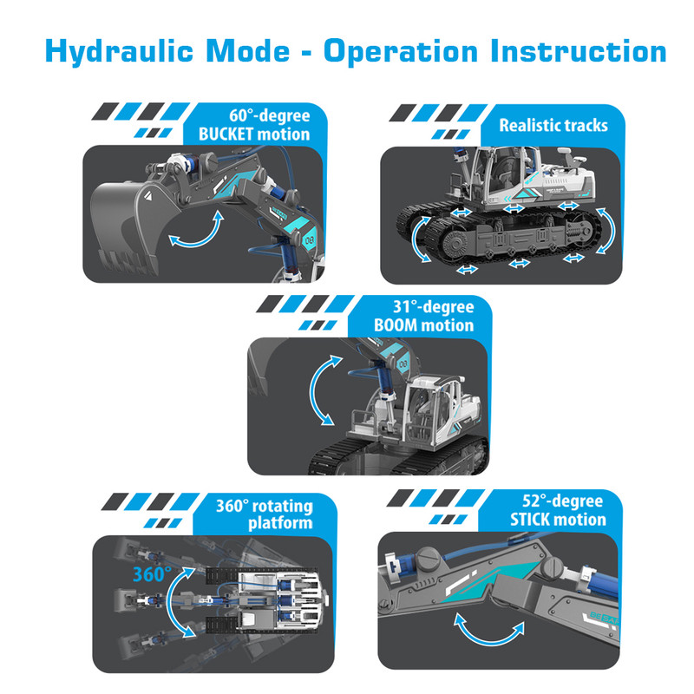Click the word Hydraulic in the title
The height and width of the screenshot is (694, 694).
click(x=119, y=52)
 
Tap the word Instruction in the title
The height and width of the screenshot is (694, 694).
click(x=578, y=50)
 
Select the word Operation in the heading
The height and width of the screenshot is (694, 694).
click(x=401, y=52)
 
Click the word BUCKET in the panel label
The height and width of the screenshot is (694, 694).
click(x=226, y=134)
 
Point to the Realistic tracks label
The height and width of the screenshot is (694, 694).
click(x=553, y=125)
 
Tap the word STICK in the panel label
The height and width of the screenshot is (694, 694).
click(x=528, y=519)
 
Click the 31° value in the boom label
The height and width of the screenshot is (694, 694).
click(x=406, y=306)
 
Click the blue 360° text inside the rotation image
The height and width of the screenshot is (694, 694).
click(x=152, y=574)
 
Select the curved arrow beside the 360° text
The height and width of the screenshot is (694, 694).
click(x=170, y=602)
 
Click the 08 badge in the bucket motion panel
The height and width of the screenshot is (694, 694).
click(x=309, y=241)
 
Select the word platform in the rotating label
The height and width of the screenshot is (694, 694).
click(x=280, y=524)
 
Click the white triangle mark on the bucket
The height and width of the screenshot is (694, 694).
click(x=148, y=197)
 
